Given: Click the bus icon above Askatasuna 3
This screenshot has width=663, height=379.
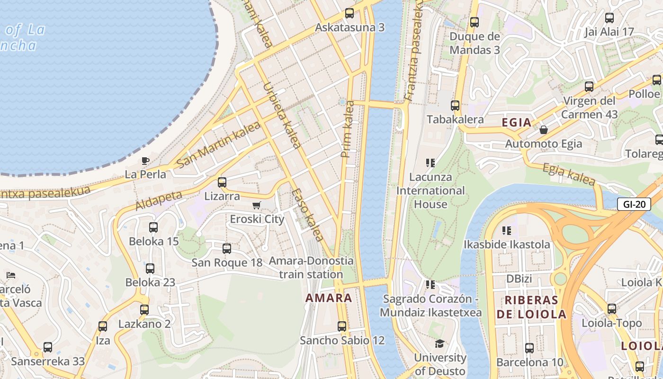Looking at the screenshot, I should [349, 13].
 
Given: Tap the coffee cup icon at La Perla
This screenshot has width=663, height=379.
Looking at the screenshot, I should [145, 161].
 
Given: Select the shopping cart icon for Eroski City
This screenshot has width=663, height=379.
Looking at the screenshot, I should [256, 205].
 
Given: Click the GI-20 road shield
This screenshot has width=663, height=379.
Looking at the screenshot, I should [634, 205].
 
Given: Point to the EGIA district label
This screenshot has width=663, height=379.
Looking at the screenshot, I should [517, 123].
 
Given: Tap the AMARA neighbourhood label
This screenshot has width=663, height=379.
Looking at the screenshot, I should [329, 298].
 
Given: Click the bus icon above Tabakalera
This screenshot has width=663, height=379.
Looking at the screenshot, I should [455, 106].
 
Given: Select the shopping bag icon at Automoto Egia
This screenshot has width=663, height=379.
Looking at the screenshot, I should [544, 130].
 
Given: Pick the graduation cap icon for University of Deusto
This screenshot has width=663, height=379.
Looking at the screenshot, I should [440, 343].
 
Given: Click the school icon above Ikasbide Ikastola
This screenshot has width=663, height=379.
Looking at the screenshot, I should [507, 231].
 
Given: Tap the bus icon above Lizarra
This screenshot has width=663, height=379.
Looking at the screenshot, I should [222, 182].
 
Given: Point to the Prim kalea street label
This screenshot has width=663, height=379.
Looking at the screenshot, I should [348, 129].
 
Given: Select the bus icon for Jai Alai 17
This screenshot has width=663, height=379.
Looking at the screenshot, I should [609, 18].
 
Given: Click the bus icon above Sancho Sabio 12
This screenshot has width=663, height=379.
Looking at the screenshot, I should [342, 326].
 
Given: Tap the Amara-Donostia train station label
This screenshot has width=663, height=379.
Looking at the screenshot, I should [311, 267].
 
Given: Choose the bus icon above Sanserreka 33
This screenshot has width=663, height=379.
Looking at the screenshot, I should [48, 347].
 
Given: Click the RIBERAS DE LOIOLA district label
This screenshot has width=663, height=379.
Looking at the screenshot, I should [535, 307].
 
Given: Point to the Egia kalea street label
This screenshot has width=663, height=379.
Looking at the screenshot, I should [568, 174].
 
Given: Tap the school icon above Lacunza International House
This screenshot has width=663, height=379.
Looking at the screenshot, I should [430, 163].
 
